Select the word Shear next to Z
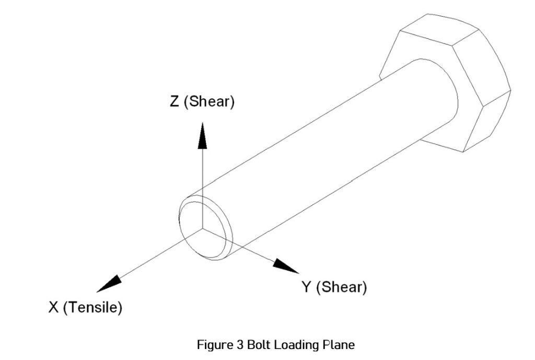coord(212,101)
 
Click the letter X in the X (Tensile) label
coord(54,308)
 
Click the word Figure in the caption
coord(213,345)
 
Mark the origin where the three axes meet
coord(203,228)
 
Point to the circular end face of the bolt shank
coord(206,227)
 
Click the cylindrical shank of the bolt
coord(324,152)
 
